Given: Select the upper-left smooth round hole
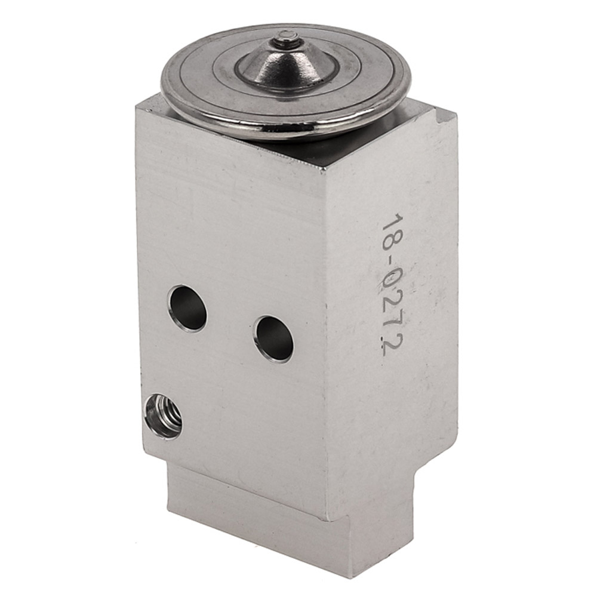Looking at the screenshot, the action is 187,309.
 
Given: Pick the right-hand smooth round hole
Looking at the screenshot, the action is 275,339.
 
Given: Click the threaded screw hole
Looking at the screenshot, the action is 164,417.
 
